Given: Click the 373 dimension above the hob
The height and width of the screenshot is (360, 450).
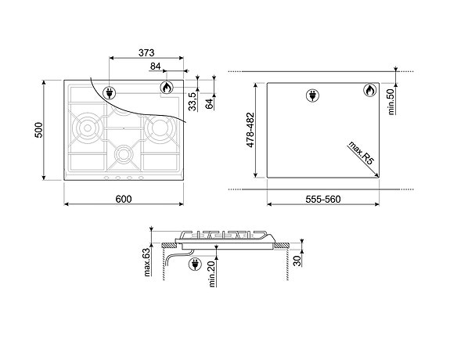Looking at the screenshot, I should pyautogui.click(x=145, y=52).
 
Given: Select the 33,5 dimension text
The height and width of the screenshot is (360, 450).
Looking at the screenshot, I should pyautogui.click(x=192, y=102).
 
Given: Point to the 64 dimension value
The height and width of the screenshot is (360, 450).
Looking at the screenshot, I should pyautogui.click(x=209, y=102).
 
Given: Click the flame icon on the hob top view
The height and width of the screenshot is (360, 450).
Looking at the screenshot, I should pyautogui.click(x=167, y=88).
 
